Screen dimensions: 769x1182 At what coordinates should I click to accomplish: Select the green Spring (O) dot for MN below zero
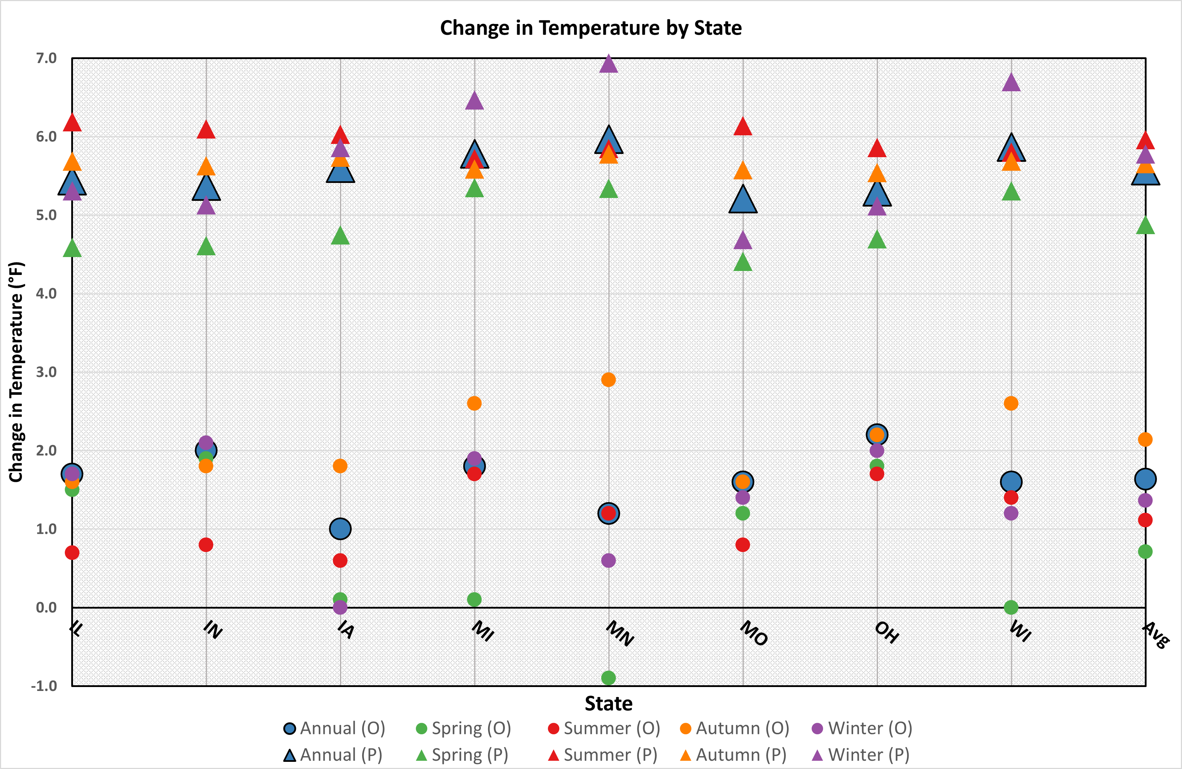click(608, 678)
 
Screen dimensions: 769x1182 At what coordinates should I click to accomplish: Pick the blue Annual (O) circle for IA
click(340, 528)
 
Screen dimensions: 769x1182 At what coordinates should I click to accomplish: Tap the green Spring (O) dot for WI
click(1011, 607)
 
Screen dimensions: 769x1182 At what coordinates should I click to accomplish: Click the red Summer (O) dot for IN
click(206, 545)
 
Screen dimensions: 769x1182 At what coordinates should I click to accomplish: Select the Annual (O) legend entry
click(334, 728)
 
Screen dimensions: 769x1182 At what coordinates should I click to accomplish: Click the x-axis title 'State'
click(608, 704)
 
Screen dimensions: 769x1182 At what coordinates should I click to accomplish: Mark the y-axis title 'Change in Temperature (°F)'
click(16, 372)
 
